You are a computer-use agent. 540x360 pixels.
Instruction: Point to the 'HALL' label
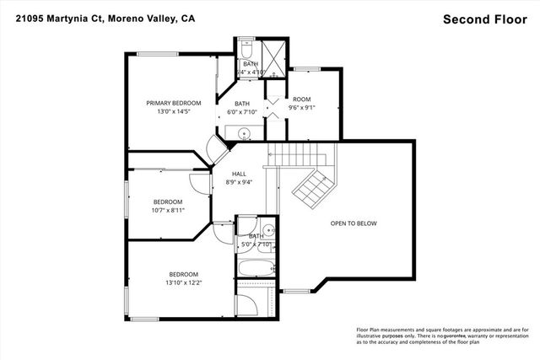tap(240, 174)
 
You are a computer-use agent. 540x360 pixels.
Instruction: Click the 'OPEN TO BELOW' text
tap(354, 223)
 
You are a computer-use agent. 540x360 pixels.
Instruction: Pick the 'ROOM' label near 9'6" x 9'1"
tap(302, 99)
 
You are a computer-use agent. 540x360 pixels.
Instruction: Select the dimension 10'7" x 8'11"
tap(168, 211)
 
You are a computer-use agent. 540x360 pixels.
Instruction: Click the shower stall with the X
tap(274, 58)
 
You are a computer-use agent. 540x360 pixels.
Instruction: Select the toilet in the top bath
tap(246, 46)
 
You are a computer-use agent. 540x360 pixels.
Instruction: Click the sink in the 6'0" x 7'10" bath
tap(244, 133)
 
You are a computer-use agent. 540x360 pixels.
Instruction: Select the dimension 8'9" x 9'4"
tap(240, 182)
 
